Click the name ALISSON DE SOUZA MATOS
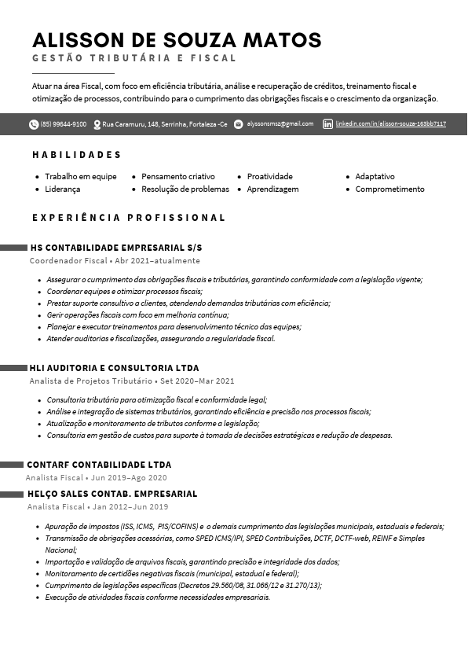(x=177, y=40)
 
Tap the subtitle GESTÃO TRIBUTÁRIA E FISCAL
(x=134, y=58)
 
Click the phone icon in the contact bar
(x=34, y=124)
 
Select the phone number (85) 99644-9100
(x=64, y=124)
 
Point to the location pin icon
(x=97, y=124)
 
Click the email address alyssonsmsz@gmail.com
(x=280, y=124)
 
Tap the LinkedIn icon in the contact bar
(x=328, y=124)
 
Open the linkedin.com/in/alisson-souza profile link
(x=391, y=124)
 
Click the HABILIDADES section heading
(x=77, y=154)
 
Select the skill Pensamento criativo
(x=178, y=176)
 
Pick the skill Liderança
(x=63, y=189)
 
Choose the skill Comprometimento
(x=389, y=189)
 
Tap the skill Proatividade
(x=269, y=176)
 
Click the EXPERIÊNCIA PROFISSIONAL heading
(x=129, y=217)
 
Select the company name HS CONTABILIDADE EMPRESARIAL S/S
(x=115, y=248)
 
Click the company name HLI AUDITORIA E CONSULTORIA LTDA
(x=114, y=368)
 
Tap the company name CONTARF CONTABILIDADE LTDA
(x=99, y=465)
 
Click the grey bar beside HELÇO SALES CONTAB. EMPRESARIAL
(x=12, y=494)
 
